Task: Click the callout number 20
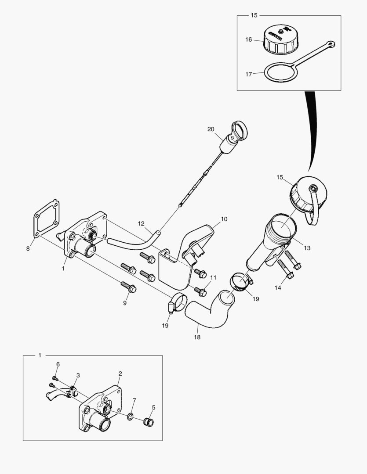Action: (x=211, y=129)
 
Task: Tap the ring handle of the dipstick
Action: (x=240, y=128)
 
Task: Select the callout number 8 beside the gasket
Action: (x=28, y=248)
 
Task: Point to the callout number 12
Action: (x=141, y=223)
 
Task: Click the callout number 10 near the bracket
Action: (x=224, y=218)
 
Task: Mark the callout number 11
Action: (x=213, y=277)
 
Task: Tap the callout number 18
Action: (x=197, y=337)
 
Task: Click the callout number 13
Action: (x=307, y=248)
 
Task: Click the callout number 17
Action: (x=249, y=74)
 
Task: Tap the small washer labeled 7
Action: (x=131, y=416)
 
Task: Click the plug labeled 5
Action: (x=149, y=422)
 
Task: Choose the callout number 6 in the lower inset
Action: (x=58, y=364)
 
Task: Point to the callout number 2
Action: (x=120, y=373)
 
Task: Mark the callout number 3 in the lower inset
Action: (x=78, y=375)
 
